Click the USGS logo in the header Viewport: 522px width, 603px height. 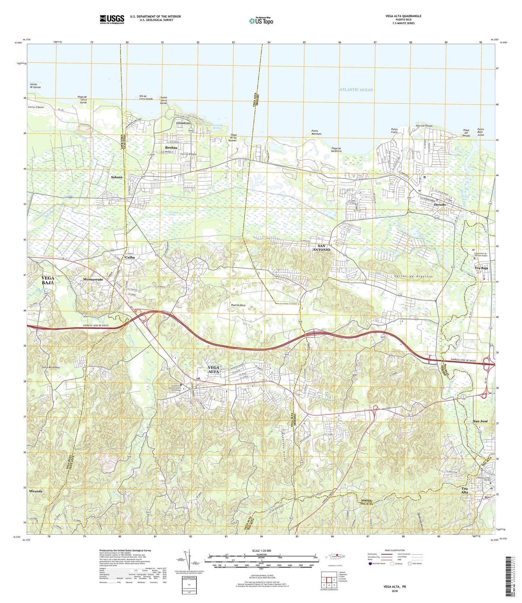click(112, 19)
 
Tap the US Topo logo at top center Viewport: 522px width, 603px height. click(261, 21)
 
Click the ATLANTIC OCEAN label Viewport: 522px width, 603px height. click(356, 90)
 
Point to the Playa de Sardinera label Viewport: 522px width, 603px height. click(336, 150)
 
